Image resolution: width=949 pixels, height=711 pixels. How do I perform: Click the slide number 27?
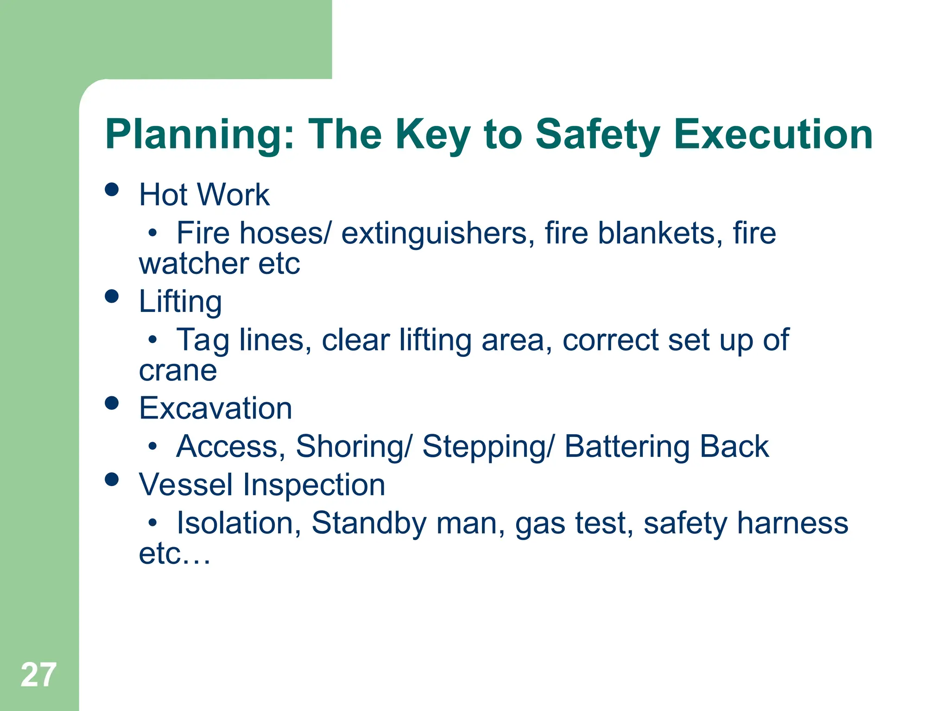(x=38, y=675)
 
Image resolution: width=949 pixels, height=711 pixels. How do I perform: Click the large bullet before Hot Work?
(x=112, y=189)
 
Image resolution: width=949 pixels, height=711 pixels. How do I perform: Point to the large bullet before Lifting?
(x=112, y=296)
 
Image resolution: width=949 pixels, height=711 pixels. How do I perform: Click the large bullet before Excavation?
(x=112, y=403)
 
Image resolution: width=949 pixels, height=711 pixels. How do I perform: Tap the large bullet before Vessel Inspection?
(x=112, y=479)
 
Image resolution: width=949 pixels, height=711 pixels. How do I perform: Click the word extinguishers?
(x=434, y=234)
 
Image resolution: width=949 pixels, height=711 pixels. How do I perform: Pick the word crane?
(x=178, y=371)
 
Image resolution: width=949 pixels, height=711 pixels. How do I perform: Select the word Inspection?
(x=314, y=486)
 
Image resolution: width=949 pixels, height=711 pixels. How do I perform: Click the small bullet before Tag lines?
(x=152, y=340)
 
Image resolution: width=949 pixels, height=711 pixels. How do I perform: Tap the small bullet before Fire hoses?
(x=152, y=233)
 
